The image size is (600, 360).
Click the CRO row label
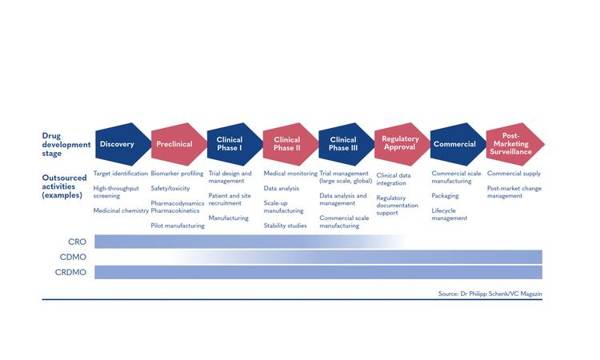tap(78, 242)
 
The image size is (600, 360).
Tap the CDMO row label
tap(73, 257)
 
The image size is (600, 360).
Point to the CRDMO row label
tap(70, 272)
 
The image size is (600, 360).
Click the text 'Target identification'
tap(121, 174)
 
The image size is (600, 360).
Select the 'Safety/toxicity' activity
tap(170, 188)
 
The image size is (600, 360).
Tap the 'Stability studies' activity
tap(285, 226)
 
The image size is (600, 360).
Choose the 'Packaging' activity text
tap(445, 196)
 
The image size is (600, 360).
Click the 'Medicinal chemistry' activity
tap(121, 210)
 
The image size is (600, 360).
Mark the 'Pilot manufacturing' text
tap(178, 226)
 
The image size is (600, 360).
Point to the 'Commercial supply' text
tap(514, 174)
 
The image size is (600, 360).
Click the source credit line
tap(490, 294)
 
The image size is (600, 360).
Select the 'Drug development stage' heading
tap(66, 145)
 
